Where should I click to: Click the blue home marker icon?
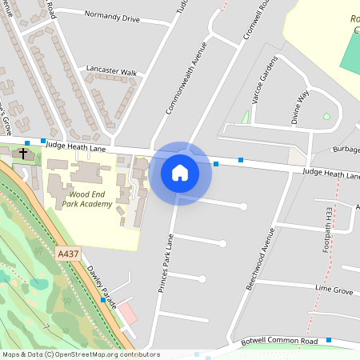pyautogui.click(x=180, y=173)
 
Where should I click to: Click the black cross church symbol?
pyautogui.click(x=24, y=152)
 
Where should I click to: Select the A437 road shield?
pyautogui.click(x=68, y=254)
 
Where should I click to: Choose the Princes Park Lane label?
pyautogui.click(x=166, y=263)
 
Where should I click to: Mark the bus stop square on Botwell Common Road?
pyautogui.click(x=328, y=342)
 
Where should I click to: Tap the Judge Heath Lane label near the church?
pyautogui.click(x=75, y=146)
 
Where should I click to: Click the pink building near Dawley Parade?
pyautogui.click(x=128, y=313)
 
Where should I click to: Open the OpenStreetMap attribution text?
pyautogui.click(x=80, y=354)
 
